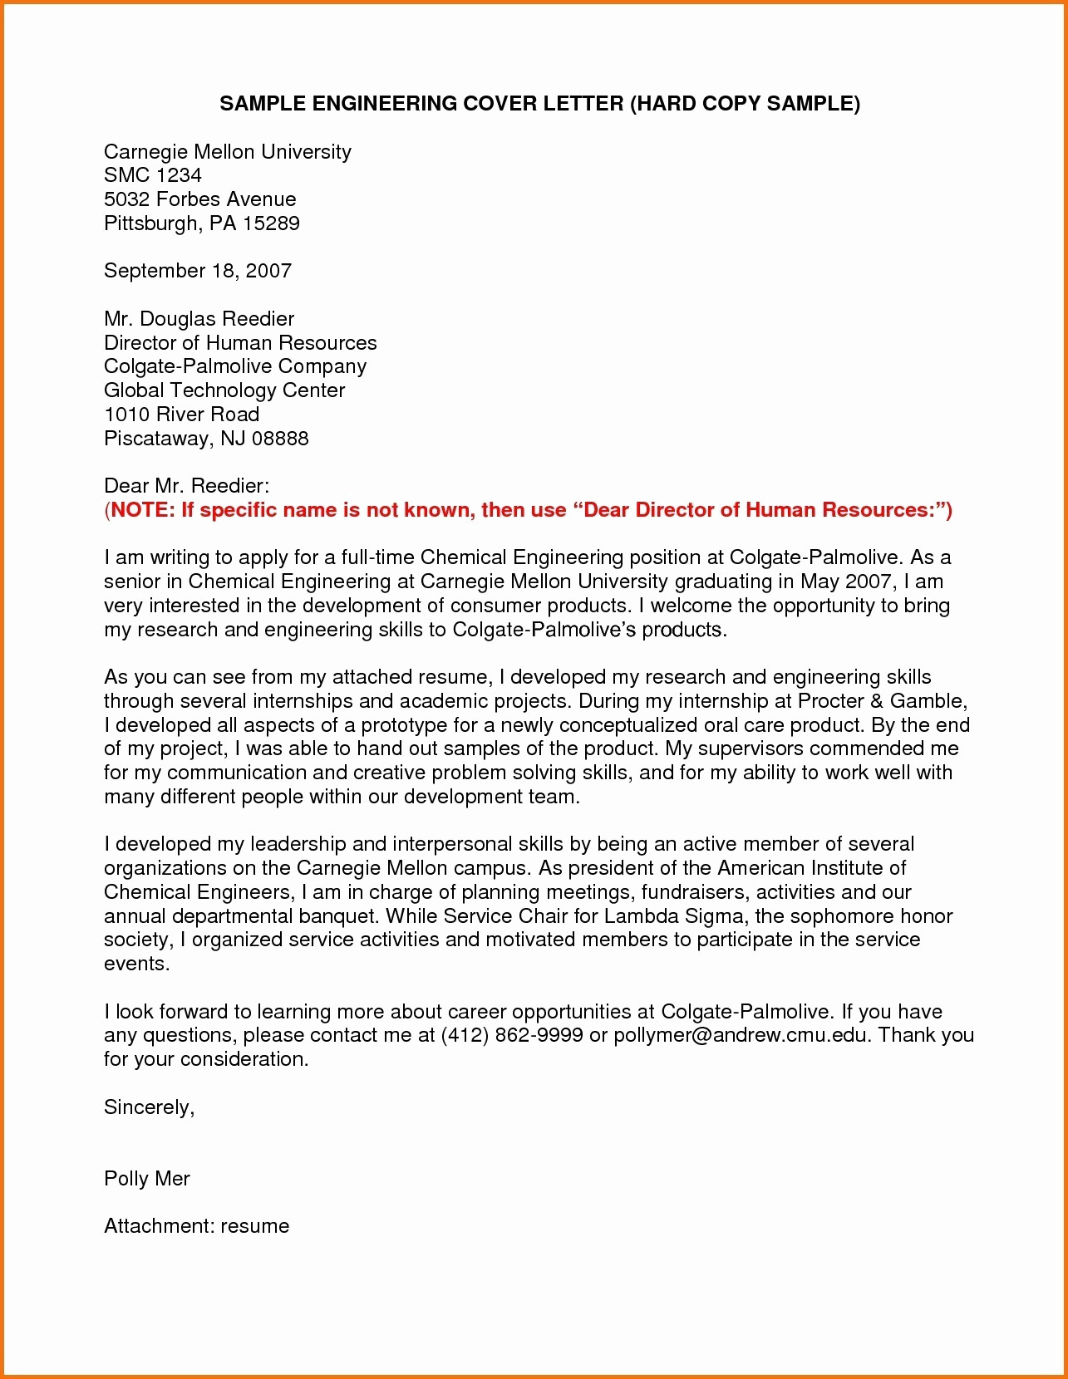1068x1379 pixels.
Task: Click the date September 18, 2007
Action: tap(198, 271)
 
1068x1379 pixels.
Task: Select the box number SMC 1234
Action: tap(153, 175)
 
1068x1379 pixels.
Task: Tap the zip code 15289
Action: tap(272, 223)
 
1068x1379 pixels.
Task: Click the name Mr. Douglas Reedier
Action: tap(199, 319)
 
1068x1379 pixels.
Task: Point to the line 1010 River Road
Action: tap(182, 415)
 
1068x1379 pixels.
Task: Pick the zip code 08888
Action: tap(280, 439)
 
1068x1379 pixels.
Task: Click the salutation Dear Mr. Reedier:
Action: tap(187, 486)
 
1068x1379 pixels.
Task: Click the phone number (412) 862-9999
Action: tap(511, 1036)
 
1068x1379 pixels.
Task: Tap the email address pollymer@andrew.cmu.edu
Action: tap(742, 1036)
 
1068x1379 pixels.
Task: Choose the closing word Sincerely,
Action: tap(150, 1107)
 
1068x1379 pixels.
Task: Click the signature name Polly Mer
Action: tap(147, 1179)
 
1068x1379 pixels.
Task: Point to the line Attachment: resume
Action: tap(197, 1226)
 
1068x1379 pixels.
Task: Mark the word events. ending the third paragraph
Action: tap(137, 964)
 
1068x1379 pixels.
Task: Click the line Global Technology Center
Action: tap(224, 390)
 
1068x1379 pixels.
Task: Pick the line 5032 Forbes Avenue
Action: tap(200, 199)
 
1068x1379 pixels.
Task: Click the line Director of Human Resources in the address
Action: tap(240, 343)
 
